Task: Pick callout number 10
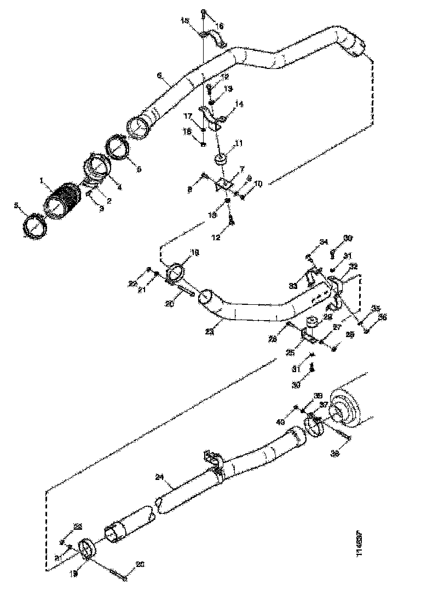258,184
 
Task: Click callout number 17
187,117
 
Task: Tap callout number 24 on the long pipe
160,477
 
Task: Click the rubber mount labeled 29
313,322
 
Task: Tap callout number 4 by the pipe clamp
119,187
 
